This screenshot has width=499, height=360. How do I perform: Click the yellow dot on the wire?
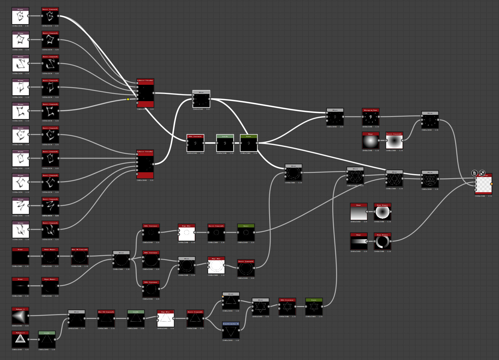click(128, 99)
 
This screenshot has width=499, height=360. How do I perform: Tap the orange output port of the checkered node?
click(491, 184)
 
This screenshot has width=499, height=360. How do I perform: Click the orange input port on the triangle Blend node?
click(223, 297)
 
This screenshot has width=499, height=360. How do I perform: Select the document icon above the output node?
click(475, 173)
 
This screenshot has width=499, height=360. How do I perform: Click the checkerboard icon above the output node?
click(482, 173)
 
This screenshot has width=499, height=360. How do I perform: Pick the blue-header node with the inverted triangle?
click(231, 331)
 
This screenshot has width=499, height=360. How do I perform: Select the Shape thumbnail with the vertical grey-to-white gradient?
click(359, 213)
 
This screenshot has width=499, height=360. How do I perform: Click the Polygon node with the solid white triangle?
click(21, 340)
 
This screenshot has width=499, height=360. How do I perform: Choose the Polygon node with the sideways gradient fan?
click(21, 317)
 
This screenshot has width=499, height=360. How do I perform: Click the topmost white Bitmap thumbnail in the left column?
click(21, 17)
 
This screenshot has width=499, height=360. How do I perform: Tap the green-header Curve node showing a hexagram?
click(314, 308)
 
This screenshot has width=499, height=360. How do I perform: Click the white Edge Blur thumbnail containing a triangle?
click(166, 320)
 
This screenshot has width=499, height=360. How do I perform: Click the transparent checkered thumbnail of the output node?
click(484, 185)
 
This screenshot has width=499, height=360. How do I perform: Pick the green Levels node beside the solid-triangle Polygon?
click(47, 340)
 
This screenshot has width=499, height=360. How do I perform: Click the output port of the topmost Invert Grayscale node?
click(58, 16)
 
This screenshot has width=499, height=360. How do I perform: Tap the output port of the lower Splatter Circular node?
click(153, 164)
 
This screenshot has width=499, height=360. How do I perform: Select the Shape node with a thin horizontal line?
click(21, 287)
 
